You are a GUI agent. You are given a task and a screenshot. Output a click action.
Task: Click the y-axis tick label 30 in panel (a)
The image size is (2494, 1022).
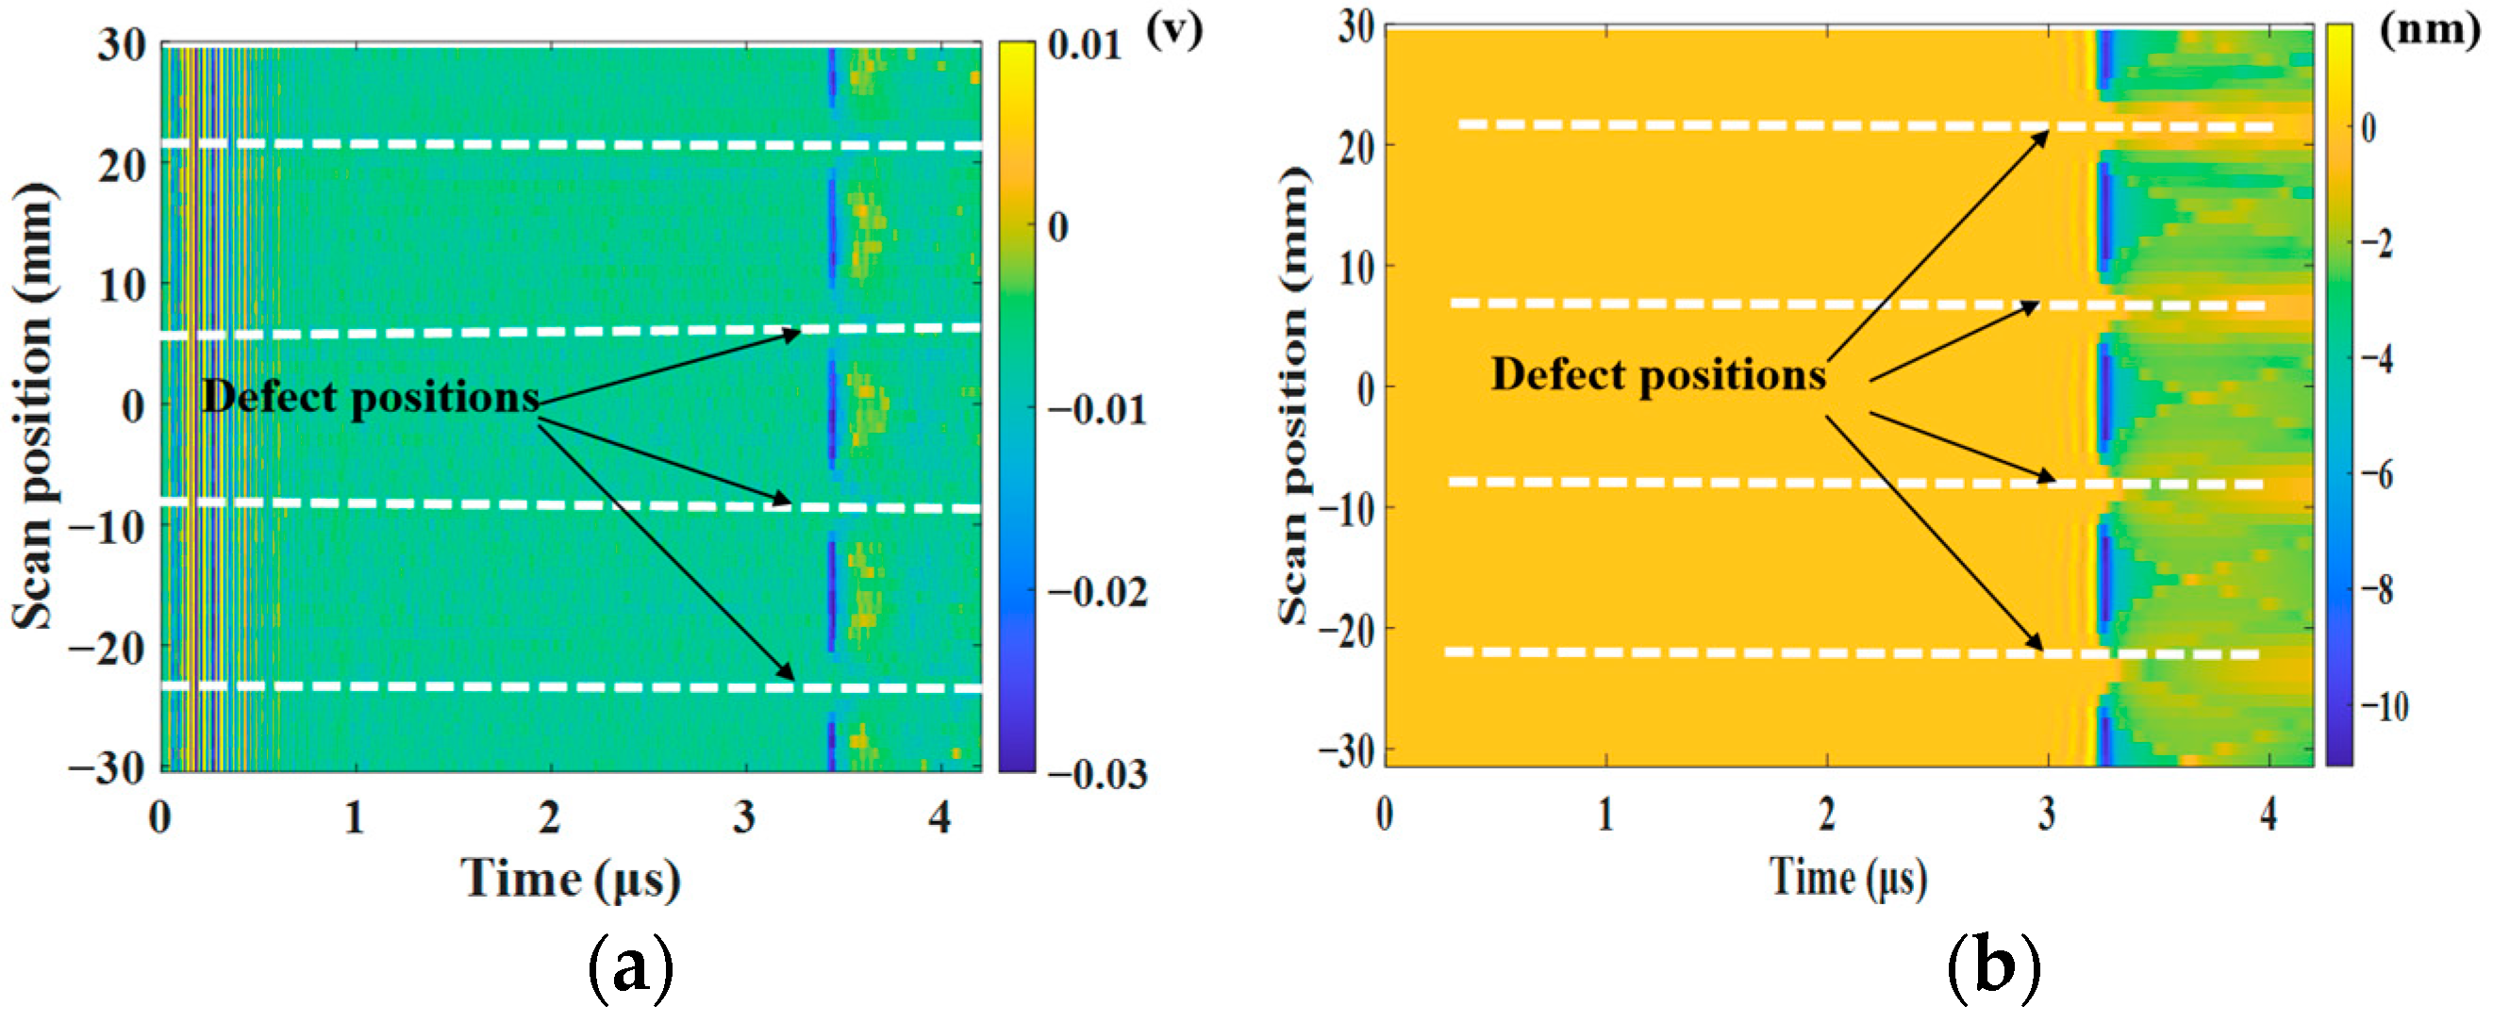pyautogui.click(x=122, y=45)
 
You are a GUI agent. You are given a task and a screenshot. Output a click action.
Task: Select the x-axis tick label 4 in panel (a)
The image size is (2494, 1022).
pyautogui.click(x=939, y=817)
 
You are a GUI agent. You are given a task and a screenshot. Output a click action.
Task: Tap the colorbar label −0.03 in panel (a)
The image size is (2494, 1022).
pyautogui.click(x=1096, y=773)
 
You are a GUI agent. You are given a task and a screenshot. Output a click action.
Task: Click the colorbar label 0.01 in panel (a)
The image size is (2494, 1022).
pyautogui.click(x=1085, y=45)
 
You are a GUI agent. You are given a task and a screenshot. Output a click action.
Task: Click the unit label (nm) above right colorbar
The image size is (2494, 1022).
pyautogui.click(x=2429, y=29)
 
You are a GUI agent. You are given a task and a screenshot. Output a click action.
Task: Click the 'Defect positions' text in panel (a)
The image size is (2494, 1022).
pyautogui.click(x=370, y=398)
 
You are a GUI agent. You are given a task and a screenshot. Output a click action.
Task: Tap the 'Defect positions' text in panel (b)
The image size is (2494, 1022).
pyautogui.click(x=1657, y=374)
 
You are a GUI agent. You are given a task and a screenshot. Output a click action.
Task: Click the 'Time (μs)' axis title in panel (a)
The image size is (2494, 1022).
pyautogui.click(x=572, y=879)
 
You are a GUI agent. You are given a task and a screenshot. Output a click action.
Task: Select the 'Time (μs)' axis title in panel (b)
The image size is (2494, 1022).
pyautogui.click(x=1847, y=877)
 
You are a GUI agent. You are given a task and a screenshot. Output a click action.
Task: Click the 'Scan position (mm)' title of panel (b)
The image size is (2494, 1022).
pyautogui.click(x=1293, y=397)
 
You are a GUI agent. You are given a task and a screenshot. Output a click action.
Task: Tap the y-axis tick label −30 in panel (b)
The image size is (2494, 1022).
pyautogui.click(x=1346, y=750)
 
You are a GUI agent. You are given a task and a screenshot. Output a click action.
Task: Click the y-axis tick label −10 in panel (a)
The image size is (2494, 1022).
pyautogui.click(x=108, y=527)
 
